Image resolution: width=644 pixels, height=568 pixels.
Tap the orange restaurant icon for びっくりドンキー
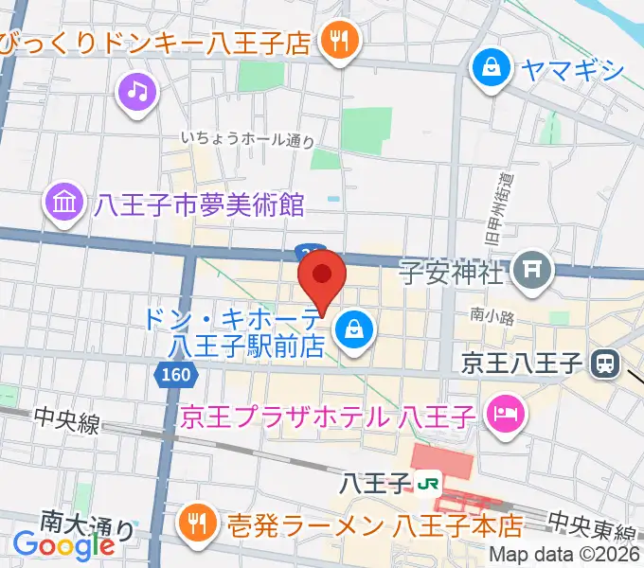(x=336, y=41)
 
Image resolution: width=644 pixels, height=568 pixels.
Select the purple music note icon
(x=138, y=92)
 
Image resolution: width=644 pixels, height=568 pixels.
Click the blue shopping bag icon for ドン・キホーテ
(x=354, y=329)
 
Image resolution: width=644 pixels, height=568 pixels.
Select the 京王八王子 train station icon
(x=603, y=362)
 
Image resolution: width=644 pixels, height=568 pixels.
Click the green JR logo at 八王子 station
(x=428, y=484)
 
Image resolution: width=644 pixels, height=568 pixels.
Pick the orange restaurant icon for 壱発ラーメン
(x=198, y=522)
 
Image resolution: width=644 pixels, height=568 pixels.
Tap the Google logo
(x=64, y=544)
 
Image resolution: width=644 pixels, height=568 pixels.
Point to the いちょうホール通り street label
(x=248, y=139)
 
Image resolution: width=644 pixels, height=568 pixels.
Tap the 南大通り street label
(x=87, y=522)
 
